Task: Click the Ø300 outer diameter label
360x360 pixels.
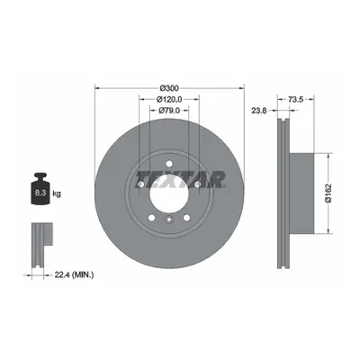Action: coord(169,88)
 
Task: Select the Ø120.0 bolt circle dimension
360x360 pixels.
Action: coord(169,99)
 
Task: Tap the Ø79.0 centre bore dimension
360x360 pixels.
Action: coord(169,111)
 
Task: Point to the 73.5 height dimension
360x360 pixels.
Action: coord(296,99)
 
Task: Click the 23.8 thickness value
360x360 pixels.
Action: coord(259,111)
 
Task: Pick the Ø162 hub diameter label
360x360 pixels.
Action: coord(328,193)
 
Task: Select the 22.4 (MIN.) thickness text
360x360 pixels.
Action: coord(74,274)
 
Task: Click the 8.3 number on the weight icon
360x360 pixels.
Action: coord(40,193)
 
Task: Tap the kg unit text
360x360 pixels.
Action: coord(57,193)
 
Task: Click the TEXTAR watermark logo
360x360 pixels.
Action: coord(181,180)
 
